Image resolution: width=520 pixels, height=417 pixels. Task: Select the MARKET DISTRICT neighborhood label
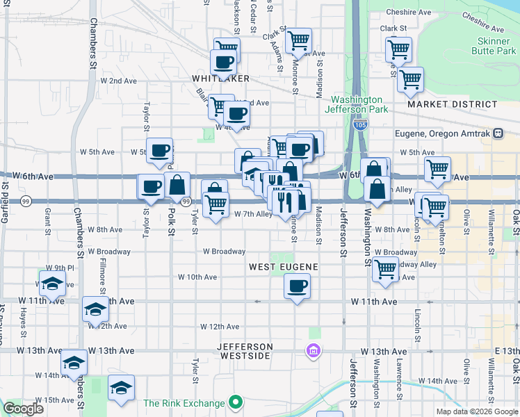pos(453,104)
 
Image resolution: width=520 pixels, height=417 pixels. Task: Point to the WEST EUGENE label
pos(284,267)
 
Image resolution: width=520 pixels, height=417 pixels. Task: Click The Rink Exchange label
pos(184,403)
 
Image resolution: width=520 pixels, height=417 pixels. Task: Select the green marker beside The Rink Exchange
pos(236,402)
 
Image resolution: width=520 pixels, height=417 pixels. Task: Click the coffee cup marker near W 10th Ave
pos(298,286)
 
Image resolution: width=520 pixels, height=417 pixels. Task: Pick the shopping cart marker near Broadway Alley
pos(385,270)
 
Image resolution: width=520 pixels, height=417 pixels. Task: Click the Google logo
pos(22,409)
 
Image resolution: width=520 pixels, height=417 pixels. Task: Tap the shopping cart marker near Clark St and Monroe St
pos(298,40)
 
